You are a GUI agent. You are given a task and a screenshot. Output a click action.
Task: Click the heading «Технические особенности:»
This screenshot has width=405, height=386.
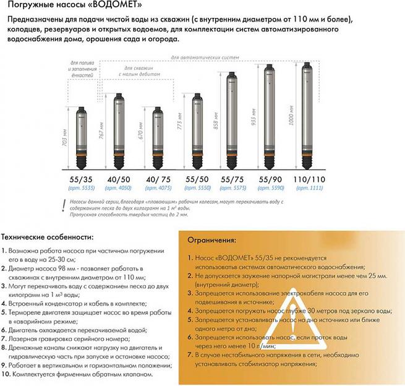(x=47, y=237)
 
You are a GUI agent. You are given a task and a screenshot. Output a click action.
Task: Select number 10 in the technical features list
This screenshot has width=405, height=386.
(x=5, y=374)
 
